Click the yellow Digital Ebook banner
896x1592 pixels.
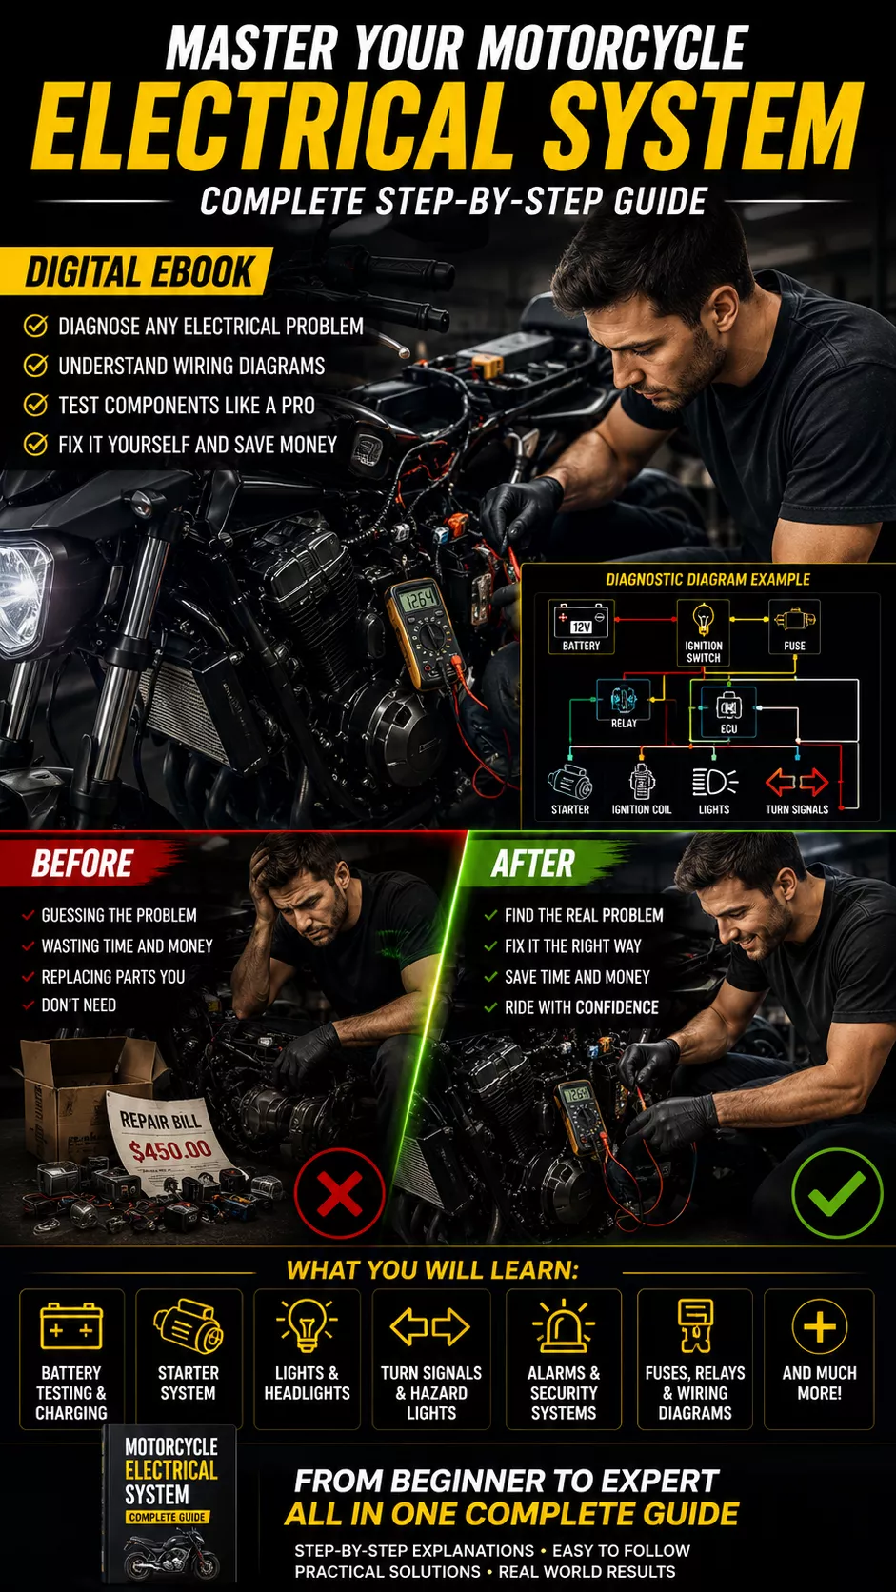point(136,270)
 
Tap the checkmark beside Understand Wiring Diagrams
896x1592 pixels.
point(35,366)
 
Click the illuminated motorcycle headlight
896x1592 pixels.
point(23,596)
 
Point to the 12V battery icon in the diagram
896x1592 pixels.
point(581,621)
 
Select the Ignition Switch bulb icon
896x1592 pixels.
point(703,619)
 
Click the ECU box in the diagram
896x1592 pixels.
point(728,711)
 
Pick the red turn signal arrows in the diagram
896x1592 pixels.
point(797,783)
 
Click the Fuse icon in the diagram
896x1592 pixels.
point(794,621)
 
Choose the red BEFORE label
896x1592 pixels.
point(83,864)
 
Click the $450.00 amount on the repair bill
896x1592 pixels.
point(169,1148)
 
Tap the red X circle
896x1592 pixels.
point(340,1193)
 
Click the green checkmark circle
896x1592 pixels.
point(837,1193)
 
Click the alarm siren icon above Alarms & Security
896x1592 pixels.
point(564,1325)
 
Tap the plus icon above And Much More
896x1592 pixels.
point(819,1326)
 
